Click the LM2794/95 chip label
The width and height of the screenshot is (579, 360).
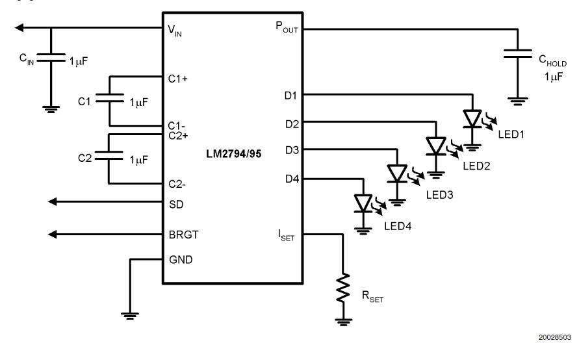[231, 157]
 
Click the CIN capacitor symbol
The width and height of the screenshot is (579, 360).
[52, 59]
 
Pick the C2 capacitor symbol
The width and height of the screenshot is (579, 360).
[109, 157]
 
